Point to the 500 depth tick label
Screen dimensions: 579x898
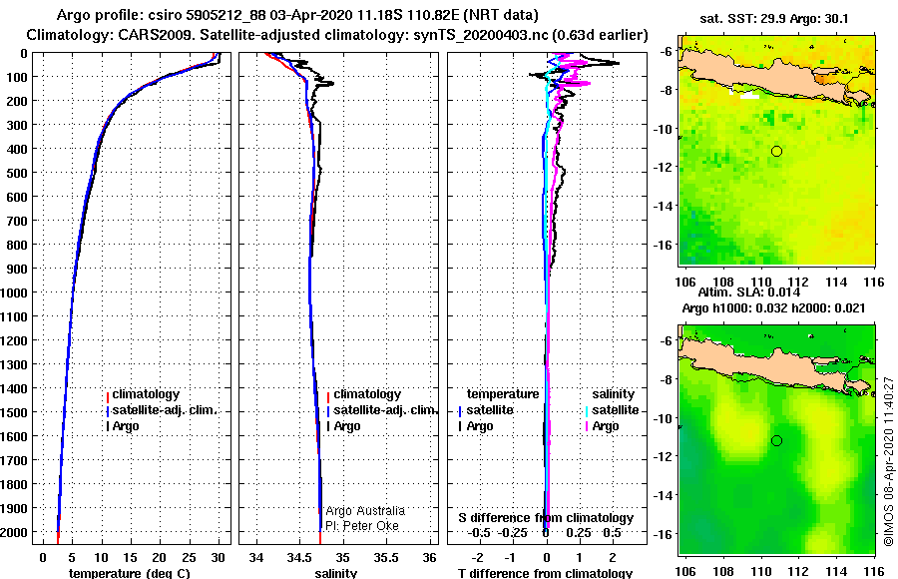tap(20, 173)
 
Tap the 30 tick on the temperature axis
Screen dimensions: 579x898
tap(219, 556)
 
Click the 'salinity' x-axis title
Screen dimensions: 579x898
tap(336, 573)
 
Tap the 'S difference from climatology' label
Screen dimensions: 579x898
tap(546, 518)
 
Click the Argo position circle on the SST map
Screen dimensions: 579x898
tap(776, 151)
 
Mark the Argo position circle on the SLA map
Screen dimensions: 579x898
tap(776, 441)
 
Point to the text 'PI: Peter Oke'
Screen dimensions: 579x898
tap(362, 525)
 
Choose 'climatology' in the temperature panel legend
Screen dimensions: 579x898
tap(145, 394)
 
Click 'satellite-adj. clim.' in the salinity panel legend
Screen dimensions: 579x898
tap(384, 410)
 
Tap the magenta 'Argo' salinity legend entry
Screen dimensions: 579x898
tap(606, 426)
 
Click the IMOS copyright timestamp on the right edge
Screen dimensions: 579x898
tap(889, 460)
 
